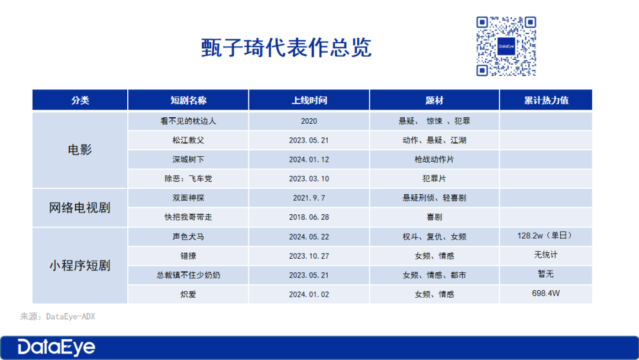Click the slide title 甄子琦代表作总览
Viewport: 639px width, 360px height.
click(x=286, y=48)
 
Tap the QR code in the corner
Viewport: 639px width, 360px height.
click(x=506, y=46)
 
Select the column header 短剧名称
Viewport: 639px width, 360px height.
click(x=188, y=100)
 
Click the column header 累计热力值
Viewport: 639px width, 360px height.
click(x=546, y=100)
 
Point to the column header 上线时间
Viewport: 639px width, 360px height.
click(x=309, y=100)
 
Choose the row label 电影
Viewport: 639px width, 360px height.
click(x=80, y=150)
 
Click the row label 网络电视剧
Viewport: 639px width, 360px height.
click(x=80, y=208)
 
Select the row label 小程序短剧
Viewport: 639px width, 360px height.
click(x=80, y=265)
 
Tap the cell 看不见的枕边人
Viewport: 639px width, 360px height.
click(x=188, y=121)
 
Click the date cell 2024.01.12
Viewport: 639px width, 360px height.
click(x=309, y=160)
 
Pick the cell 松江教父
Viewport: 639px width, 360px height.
click(x=188, y=140)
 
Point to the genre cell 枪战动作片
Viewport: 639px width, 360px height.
click(x=434, y=160)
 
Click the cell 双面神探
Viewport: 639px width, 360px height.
click(x=188, y=198)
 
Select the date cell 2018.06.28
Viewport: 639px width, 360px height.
click(x=309, y=217)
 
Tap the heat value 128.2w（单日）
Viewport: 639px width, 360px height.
click(x=546, y=236)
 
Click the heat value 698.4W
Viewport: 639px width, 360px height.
click(x=546, y=293)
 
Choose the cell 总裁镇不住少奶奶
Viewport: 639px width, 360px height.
click(x=188, y=275)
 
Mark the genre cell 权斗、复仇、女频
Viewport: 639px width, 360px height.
click(x=434, y=237)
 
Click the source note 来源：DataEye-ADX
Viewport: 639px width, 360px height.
click(x=57, y=317)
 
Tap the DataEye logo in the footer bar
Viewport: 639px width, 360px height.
click(x=56, y=348)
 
